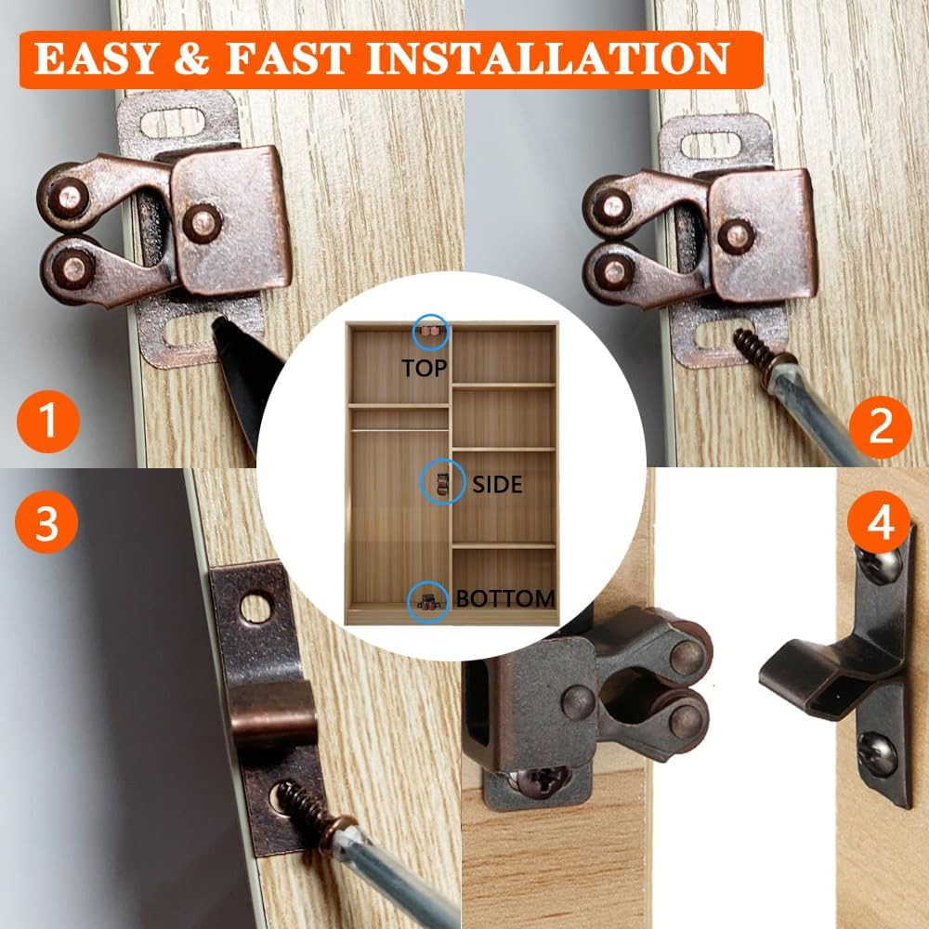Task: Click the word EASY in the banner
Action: [97, 59]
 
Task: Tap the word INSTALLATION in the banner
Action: [548, 59]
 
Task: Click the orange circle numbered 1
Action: [48, 421]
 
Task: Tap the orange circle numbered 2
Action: [880, 426]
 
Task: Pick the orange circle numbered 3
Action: [46, 522]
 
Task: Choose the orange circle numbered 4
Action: [879, 522]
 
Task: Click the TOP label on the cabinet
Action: [425, 369]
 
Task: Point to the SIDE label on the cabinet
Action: [498, 485]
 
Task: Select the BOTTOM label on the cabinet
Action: [505, 598]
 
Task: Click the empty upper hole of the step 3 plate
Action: [255, 608]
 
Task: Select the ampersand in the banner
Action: [192, 59]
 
